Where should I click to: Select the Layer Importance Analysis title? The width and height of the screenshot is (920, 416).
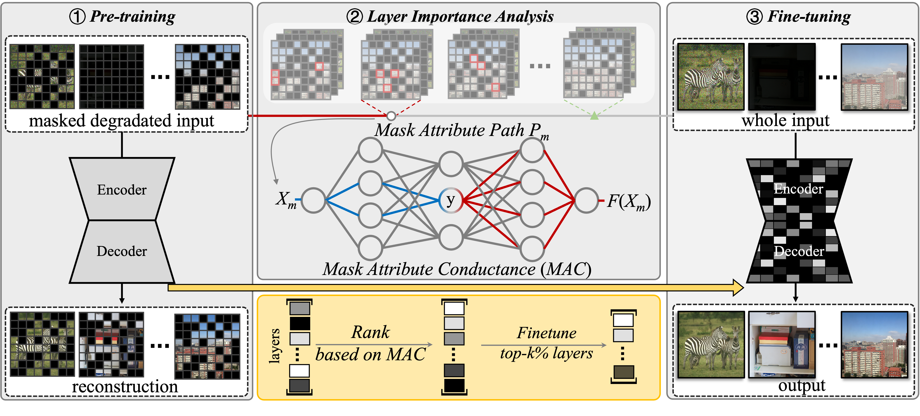click(x=450, y=16)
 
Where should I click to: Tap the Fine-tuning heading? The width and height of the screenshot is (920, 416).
click(x=799, y=16)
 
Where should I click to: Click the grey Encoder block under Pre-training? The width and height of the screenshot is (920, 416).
click(x=122, y=189)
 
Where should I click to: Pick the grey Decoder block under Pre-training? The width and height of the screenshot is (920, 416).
click(x=122, y=251)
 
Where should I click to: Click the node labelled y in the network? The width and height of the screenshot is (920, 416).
click(x=451, y=200)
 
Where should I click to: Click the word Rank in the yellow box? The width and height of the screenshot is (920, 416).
click(x=370, y=332)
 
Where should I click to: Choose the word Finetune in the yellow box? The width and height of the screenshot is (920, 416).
click(x=546, y=333)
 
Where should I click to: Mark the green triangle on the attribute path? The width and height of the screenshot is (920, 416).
click(x=594, y=115)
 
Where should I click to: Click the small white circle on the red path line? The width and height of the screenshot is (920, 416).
click(x=391, y=116)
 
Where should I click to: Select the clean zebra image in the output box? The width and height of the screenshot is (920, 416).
click(x=711, y=344)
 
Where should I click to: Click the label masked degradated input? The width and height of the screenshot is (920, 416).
click(x=121, y=121)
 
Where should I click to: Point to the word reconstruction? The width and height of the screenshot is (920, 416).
click(x=125, y=387)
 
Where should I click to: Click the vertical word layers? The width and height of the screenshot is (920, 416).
click(x=274, y=346)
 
